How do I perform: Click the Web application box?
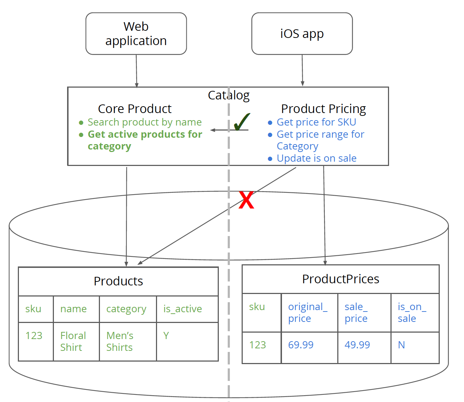pos(136,34)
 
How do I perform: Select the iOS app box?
pos(302,34)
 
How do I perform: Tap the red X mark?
pos(246,200)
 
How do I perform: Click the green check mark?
pos(242,122)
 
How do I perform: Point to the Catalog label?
pos(228,95)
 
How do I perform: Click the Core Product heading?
pos(135,109)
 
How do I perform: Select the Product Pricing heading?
pos(323,109)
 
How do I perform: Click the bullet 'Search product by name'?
pos(145,122)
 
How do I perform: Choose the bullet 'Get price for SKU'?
pos(316,122)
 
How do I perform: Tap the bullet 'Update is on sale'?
pos(317,158)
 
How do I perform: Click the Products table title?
pos(118,281)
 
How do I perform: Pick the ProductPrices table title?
pos(341,279)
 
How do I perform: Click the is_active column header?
pos(183,309)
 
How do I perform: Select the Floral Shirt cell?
pos(73,341)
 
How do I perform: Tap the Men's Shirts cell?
pos(120,341)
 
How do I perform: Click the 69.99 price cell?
pos(301,345)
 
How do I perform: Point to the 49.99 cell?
pos(357,345)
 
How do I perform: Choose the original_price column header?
pos(308,312)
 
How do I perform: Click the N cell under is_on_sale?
pos(402,345)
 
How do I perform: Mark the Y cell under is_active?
pos(166,335)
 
